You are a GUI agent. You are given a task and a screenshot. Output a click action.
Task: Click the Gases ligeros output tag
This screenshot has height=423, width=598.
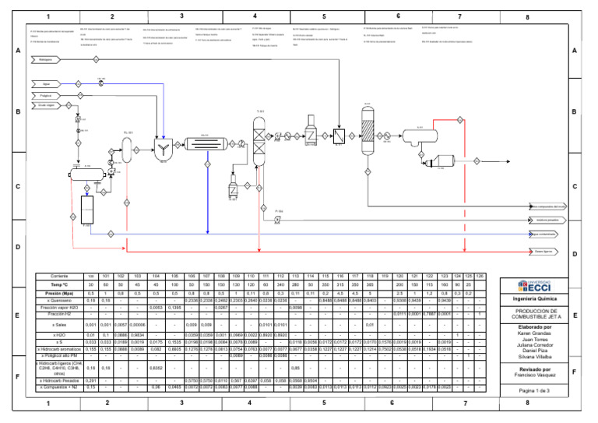click(547, 251)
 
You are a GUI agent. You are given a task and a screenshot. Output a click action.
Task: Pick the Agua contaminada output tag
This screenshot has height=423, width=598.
click(547, 234)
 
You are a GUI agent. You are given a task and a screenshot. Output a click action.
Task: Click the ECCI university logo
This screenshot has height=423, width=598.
click(538, 286)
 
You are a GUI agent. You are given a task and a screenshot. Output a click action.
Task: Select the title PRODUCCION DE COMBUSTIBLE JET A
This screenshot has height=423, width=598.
click(538, 313)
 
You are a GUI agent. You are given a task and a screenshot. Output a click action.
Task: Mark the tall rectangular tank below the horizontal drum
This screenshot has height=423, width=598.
click(87, 208)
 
